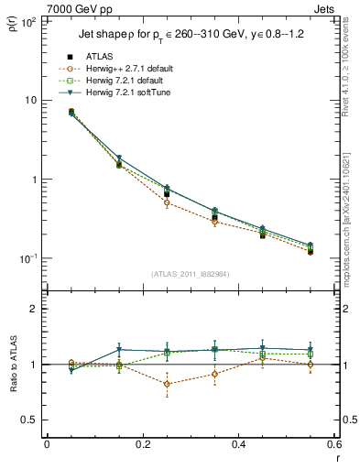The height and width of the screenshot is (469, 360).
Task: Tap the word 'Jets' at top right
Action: coord(325,8)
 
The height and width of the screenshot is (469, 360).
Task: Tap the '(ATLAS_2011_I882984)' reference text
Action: coord(190,274)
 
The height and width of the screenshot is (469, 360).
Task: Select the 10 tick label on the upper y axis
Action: coord(30,100)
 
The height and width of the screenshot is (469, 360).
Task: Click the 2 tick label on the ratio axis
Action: coord(34,309)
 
